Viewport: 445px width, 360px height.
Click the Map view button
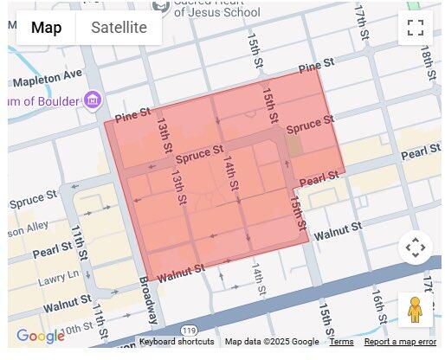(47, 28)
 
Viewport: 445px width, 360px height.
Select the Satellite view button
(119, 28)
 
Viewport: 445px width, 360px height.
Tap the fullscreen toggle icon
(416, 27)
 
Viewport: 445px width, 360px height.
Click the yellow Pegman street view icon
(415, 309)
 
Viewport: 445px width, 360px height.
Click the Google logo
(40, 336)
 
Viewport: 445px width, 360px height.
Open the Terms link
(341, 342)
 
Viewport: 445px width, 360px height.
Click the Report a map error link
(400, 342)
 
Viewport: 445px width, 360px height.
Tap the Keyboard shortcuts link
(177, 342)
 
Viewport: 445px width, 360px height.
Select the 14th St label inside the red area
(230, 173)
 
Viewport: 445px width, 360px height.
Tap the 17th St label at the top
(361, 16)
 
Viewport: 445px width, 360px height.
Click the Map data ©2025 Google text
(272, 342)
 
